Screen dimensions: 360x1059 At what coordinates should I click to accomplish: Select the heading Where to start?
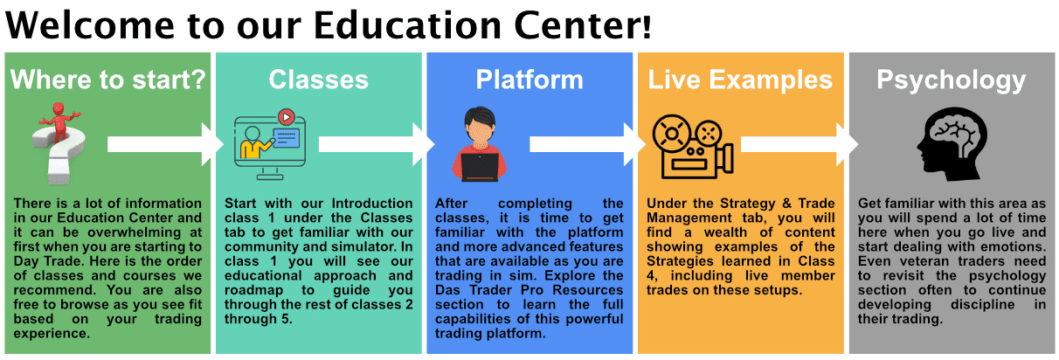click(108, 80)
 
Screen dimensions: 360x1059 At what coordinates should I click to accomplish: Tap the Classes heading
click(319, 80)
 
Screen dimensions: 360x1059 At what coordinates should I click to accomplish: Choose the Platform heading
click(529, 80)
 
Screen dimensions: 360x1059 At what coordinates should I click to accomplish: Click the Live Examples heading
click(740, 80)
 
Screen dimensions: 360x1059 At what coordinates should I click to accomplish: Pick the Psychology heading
click(952, 80)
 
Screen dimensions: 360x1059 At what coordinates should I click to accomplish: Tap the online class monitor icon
click(267, 143)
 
